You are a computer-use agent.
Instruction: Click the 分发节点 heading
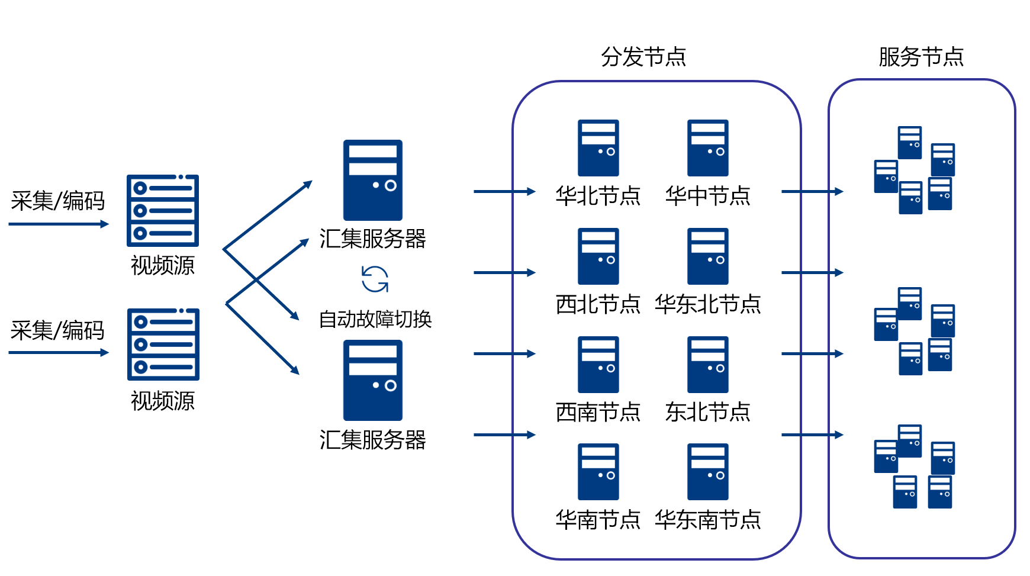tap(643, 57)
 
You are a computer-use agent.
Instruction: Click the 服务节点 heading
tap(921, 57)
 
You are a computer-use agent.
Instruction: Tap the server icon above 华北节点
tap(598, 148)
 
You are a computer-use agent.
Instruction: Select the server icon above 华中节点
tap(708, 148)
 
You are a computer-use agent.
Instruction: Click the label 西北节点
tap(598, 304)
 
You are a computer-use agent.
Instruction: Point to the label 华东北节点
tap(708, 304)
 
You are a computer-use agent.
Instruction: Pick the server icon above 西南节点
tap(598, 365)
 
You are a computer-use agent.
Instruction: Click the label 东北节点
tap(708, 412)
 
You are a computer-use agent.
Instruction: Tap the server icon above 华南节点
tap(598, 472)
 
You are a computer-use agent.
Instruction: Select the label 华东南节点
tap(708, 520)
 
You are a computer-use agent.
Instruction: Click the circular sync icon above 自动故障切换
tap(375, 279)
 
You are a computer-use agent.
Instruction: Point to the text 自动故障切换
tap(375, 320)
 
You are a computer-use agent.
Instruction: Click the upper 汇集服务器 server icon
tap(373, 180)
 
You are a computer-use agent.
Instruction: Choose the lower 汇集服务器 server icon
tap(373, 380)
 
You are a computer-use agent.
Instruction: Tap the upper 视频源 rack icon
tap(163, 211)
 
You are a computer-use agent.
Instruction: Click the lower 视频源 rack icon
tap(163, 345)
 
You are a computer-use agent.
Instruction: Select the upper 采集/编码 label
tap(57, 201)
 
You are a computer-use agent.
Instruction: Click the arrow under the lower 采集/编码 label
tap(59, 353)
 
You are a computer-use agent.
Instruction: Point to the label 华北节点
tap(598, 196)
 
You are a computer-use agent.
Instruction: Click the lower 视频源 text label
tap(163, 401)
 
